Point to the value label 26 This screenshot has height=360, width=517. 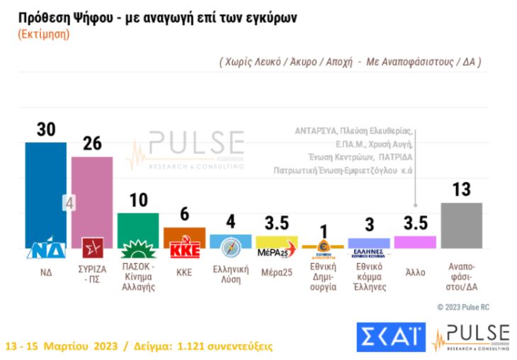coord(92,143)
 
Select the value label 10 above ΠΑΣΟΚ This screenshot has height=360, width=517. coord(139,200)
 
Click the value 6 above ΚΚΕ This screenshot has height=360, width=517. coord(185,215)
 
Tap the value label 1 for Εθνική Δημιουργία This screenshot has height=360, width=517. coord(322,232)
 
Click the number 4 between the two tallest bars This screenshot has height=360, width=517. coord(69,203)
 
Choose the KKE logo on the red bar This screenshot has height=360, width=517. coord(184,249)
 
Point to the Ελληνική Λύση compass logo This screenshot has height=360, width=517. coord(231,249)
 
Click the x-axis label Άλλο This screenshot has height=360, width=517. coord(415,271)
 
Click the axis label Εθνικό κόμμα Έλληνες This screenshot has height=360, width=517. coord(368,277)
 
